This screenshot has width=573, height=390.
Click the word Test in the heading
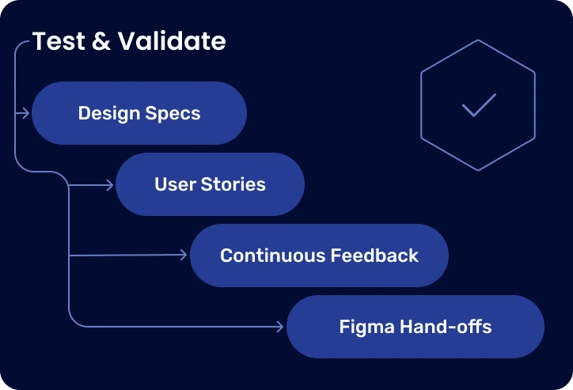pos(59,41)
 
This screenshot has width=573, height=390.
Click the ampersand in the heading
pos(101,41)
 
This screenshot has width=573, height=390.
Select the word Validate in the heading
pos(171,41)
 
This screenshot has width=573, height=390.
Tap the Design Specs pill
pos(139,113)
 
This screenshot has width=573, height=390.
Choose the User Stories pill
pos(210,184)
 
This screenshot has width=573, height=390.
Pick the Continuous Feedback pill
pos(319,256)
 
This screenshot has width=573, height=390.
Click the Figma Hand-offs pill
pos(416,326)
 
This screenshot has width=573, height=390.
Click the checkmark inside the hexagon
pos(478,105)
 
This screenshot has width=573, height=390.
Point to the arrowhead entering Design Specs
pos(27,113)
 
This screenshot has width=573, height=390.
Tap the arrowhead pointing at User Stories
pos(111,185)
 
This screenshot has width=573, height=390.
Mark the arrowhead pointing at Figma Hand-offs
pos(280,326)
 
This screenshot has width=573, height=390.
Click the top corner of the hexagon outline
pos(478,40)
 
